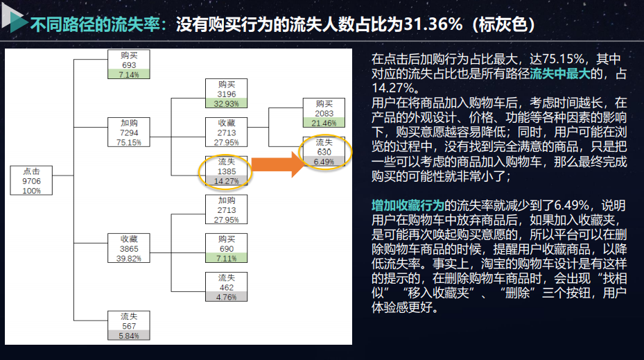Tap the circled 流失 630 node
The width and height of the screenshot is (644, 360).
pos(324,152)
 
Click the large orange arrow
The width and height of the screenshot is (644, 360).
pos(277,164)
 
